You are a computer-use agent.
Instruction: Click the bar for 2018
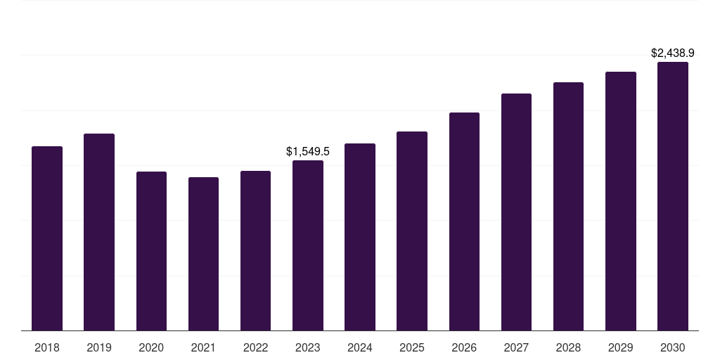tap(47, 238)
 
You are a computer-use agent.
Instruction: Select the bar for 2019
tap(99, 232)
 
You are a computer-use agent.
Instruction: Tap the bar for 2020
tap(151, 251)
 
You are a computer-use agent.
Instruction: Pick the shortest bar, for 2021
tap(203, 254)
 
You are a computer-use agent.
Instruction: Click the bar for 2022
tap(255, 250)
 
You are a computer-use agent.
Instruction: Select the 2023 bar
tap(308, 245)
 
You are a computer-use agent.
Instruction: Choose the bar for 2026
tap(464, 221)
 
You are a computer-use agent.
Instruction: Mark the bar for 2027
tap(516, 212)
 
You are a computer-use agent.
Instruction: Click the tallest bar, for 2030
tap(673, 196)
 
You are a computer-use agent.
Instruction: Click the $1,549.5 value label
tap(308, 151)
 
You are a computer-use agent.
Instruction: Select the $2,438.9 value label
tap(673, 53)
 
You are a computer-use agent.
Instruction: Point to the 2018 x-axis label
tap(47, 347)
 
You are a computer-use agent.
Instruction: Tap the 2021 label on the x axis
tap(203, 347)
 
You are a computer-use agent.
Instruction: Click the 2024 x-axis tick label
tap(360, 347)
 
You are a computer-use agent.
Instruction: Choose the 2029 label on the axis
tap(621, 347)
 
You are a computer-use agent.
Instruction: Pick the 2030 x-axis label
tap(673, 347)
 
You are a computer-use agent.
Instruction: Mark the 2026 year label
tap(464, 347)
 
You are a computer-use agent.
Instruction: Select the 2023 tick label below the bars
tap(308, 347)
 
